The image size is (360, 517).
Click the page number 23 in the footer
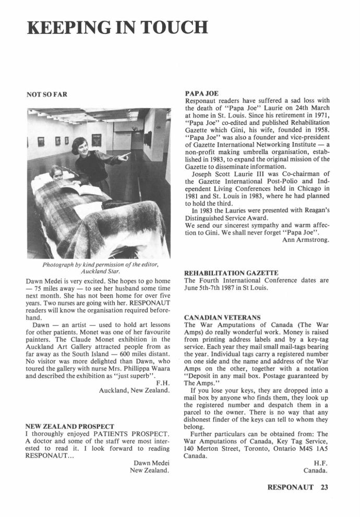pos(325,488)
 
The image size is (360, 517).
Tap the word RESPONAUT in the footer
pos(290,488)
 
